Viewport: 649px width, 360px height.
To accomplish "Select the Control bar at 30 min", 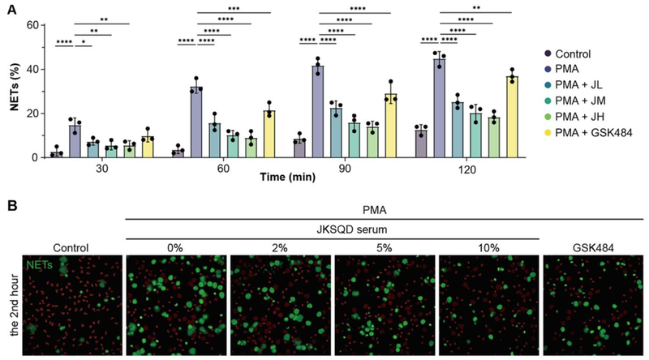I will click(x=56, y=155).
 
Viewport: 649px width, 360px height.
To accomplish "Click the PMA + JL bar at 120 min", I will click(x=457, y=130).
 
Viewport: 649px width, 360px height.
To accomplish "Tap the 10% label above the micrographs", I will click(x=489, y=246).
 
